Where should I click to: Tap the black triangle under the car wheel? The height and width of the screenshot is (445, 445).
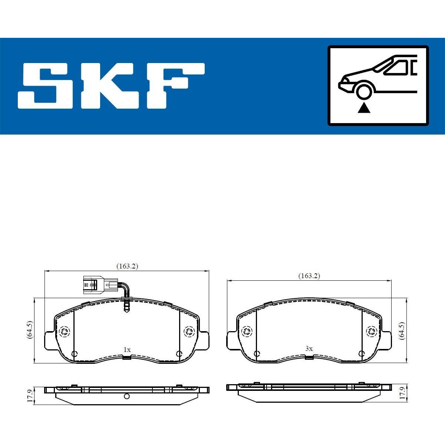(x=364, y=109)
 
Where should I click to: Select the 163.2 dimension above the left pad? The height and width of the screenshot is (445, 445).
(x=127, y=266)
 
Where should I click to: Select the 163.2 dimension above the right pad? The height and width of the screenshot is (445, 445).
(x=309, y=276)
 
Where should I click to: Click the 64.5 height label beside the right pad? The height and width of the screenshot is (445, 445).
(x=402, y=330)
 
